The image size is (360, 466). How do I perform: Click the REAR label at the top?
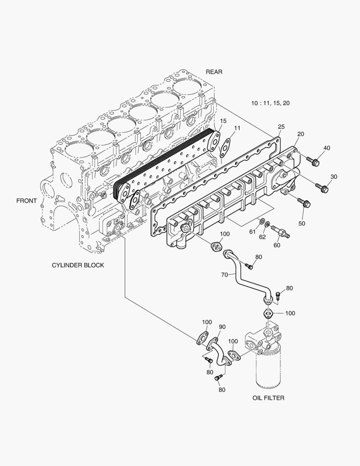[x=214, y=72]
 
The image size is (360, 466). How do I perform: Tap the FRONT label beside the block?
[x=26, y=201]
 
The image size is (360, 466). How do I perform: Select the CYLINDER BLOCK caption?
[x=78, y=265]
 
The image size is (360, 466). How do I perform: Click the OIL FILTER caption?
[x=268, y=398]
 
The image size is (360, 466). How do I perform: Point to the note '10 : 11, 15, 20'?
[x=270, y=103]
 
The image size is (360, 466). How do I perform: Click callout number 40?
[x=326, y=148]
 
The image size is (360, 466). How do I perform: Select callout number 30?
[x=334, y=176]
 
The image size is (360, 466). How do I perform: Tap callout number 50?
[x=301, y=224]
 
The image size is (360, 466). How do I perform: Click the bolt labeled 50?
[x=303, y=202]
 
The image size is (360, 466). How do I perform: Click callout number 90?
[x=222, y=327]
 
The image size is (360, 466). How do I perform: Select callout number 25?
[x=281, y=127]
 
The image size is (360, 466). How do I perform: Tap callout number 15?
[x=223, y=120]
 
